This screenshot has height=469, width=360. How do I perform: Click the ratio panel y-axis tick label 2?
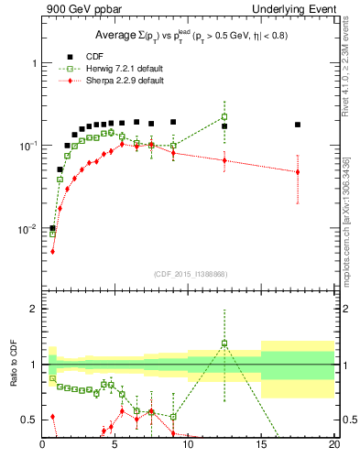tap(32, 310)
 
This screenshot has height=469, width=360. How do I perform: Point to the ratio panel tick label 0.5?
tap(28, 420)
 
